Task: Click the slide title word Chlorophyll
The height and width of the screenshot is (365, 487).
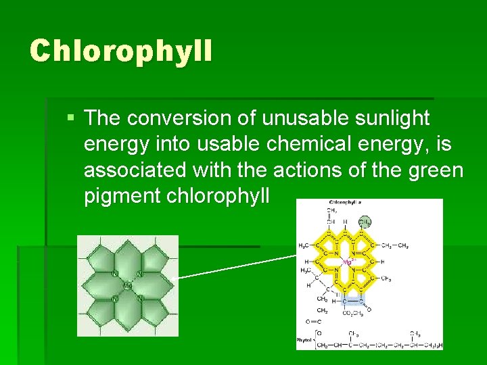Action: click(x=120, y=51)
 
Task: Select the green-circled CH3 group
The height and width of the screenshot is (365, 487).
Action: click(x=364, y=221)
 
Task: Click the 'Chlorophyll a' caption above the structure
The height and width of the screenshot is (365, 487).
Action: click(x=344, y=202)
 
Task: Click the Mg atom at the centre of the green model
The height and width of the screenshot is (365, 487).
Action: click(x=126, y=285)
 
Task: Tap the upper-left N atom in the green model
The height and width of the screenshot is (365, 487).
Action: click(x=116, y=274)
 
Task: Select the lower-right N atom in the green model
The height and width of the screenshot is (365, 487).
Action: click(x=139, y=297)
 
